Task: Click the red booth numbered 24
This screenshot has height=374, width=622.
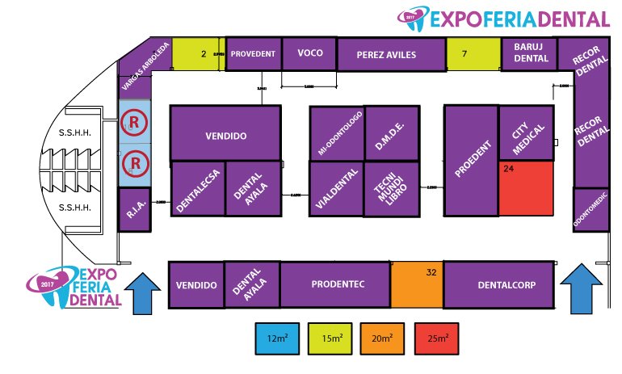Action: (525, 188)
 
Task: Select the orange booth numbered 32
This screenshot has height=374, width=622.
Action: (416, 285)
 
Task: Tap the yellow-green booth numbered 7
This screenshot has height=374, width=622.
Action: (473, 54)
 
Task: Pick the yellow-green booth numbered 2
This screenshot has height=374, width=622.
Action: (198, 54)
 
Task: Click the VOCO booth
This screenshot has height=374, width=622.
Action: (309, 53)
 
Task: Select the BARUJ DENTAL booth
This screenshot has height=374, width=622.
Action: (531, 54)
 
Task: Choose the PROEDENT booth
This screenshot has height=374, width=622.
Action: (470, 162)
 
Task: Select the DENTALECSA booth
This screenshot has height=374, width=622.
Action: (197, 189)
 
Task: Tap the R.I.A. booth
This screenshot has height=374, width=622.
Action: (134, 209)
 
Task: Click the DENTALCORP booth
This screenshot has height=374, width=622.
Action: (499, 285)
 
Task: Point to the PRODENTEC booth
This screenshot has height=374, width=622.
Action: (335, 285)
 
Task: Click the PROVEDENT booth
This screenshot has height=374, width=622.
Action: (254, 54)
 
